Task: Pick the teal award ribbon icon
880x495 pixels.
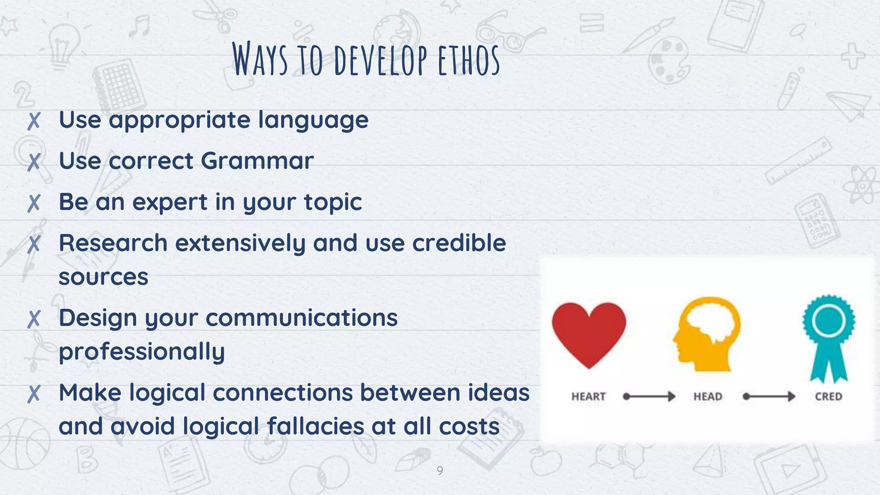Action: click(828, 338)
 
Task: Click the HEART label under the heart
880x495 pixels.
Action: click(588, 397)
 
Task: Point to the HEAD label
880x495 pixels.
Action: click(708, 397)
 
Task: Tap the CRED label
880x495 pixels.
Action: click(828, 397)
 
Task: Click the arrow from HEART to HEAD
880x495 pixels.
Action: click(649, 396)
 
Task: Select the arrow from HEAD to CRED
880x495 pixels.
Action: click(769, 396)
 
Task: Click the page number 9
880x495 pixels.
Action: click(440, 471)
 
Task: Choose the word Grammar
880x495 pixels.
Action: click(257, 161)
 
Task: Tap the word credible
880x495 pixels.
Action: click(459, 243)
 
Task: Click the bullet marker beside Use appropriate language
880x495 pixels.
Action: click(34, 121)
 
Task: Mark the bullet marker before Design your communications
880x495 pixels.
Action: click(34, 319)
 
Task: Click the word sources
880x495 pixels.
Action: click(104, 277)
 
